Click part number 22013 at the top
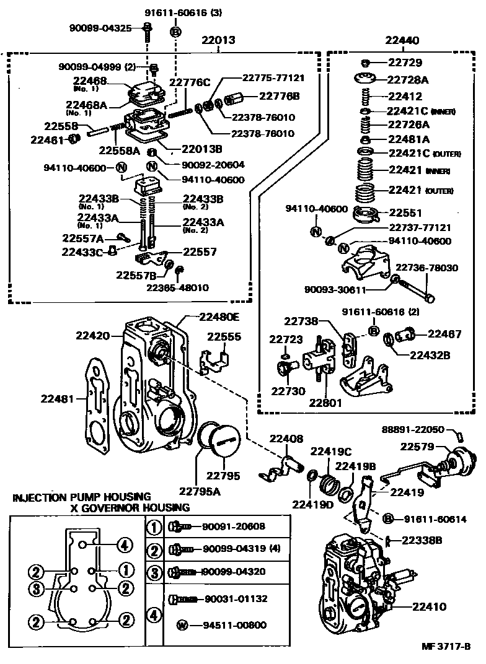coord(218,41)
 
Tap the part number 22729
coord(405,63)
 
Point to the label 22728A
coord(408,80)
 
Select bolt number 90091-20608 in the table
coord(234,526)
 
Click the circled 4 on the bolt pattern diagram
coord(125,545)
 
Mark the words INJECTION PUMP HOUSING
coord(81,497)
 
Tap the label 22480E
coord(219,316)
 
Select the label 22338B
coord(422,540)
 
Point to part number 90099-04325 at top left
coord(99,28)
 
